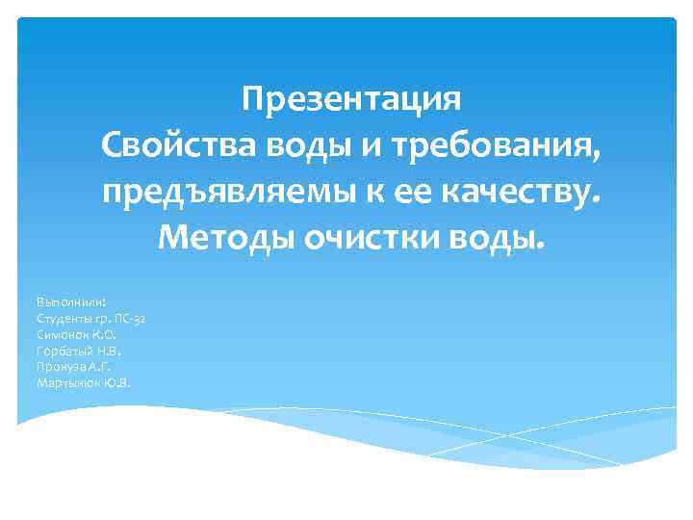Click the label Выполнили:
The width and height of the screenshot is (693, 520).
64,301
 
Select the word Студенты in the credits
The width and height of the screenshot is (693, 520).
60,318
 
